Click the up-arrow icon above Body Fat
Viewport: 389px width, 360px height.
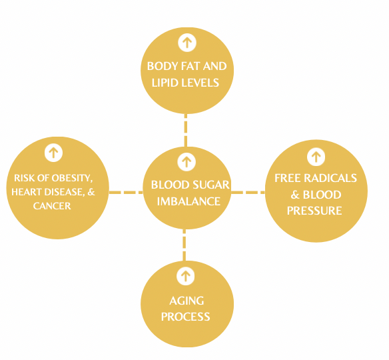click(x=187, y=43)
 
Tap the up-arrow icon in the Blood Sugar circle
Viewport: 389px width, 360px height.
click(x=187, y=162)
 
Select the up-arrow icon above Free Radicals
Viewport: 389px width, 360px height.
click(x=316, y=157)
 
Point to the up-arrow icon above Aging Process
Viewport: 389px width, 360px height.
click(x=186, y=276)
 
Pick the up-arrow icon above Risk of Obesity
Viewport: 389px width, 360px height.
click(x=53, y=153)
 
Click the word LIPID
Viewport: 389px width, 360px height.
click(x=164, y=83)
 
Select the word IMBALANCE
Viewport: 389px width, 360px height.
click(x=189, y=201)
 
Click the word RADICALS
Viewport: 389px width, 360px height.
click(x=330, y=178)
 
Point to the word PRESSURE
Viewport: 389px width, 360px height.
click(x=314, y=211)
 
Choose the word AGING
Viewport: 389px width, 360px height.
click(x=187, y=301)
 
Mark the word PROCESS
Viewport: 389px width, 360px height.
click(x=186, y=317)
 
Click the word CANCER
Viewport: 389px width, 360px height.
click(x=52, y=206)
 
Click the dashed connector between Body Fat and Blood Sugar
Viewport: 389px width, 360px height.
click(x=186, y=131)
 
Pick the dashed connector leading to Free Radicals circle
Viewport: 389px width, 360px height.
click(x=248, y=193)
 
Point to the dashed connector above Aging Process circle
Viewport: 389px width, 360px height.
click(x=184, y=245)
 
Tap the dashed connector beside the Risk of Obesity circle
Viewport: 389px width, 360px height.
click(x=126, y=193)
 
